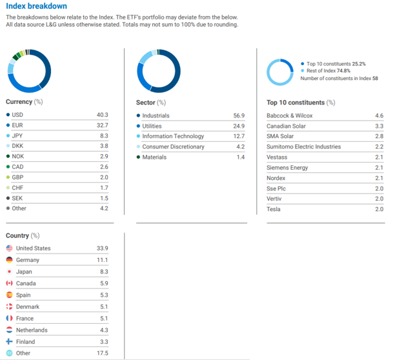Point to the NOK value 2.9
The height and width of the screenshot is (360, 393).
point(103,156)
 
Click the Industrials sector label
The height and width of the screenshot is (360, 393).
point(156,115)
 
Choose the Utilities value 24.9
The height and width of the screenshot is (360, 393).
point(239,126)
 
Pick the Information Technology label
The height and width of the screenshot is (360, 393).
point(173,136)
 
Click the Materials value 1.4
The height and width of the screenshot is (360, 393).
point(240,157)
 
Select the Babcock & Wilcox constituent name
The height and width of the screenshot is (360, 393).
point(289,115)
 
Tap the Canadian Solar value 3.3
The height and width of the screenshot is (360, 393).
point(379,126)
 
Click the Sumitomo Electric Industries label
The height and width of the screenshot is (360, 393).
point(303,146)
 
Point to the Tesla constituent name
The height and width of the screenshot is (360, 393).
point(274,209)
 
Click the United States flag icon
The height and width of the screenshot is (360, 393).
point(9,248)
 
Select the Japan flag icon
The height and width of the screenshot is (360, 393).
point(9,272)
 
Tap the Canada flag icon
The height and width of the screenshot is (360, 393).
point(9,283)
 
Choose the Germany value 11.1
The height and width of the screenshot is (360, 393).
point(102,260)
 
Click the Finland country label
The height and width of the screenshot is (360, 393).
point(26,342)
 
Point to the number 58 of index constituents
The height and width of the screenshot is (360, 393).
point(375,78)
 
